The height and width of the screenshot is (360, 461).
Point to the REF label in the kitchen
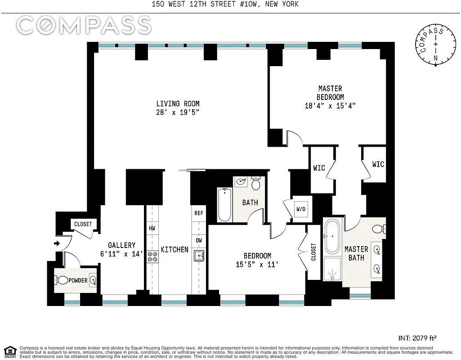(x=198, y=213)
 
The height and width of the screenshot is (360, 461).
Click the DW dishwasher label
(x=198, y=240)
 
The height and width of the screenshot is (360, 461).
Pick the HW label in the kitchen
(x=152, y=228)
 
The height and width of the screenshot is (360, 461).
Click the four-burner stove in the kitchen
(x=152, y=256)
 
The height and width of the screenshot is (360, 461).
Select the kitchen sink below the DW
(x=199, y=256)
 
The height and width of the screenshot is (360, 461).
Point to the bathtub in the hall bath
(x=224, y=205)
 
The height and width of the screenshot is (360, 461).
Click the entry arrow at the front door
(x=57, y=243)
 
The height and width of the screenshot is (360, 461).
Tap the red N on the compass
(x=435, y=58)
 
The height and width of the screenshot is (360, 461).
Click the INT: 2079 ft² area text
(x=418, y=337)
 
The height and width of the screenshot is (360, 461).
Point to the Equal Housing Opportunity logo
(x=10, y=351)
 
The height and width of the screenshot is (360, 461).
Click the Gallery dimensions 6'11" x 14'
(x=121, y=253)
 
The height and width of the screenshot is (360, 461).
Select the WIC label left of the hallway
(x=319, y=168)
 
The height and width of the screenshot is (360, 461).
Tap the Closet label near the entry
(x=83, y=224)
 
